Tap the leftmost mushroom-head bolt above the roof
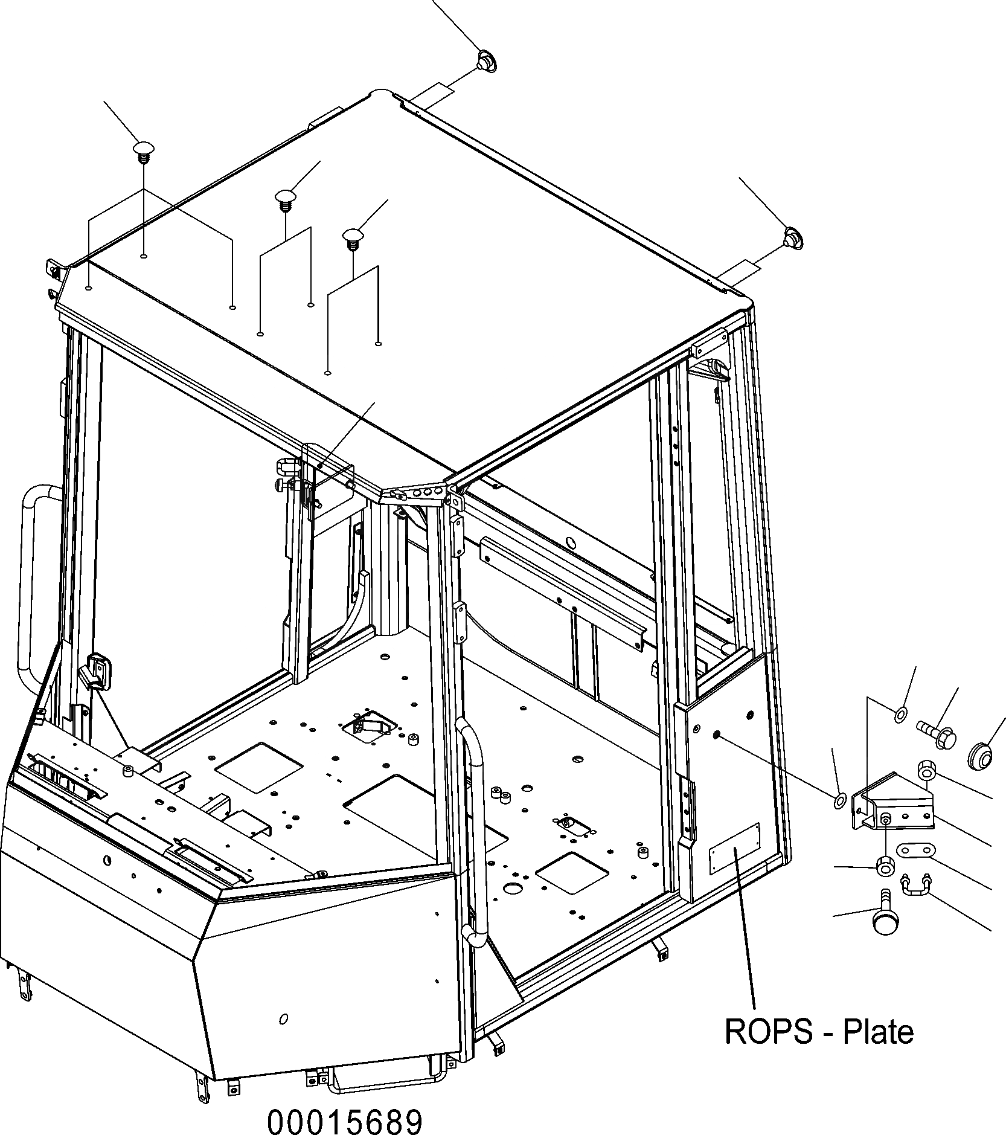[144, 151]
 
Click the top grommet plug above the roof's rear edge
[485, 60]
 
